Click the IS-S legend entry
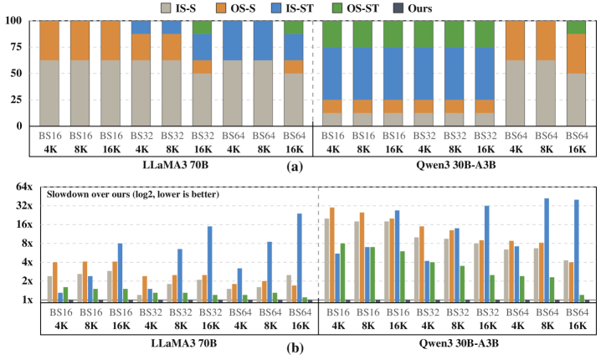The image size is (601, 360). point(179,8)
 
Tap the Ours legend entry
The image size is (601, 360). point(411,8)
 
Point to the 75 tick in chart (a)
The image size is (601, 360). point(17,47)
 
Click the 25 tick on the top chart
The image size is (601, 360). point(17,100)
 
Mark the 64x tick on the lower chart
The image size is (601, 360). point(24,187)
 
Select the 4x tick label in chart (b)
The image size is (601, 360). point(27,262)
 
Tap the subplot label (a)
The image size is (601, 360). point(295,167)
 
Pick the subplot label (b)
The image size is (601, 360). point(295,347)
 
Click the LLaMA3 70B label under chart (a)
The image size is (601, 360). point(176,165)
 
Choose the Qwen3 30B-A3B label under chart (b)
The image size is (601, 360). point(459,342)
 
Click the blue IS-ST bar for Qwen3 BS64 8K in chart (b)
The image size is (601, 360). point(547,249)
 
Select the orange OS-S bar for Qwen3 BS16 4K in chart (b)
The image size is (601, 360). point(332,254)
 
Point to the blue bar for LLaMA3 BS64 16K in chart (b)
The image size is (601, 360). point(300,257)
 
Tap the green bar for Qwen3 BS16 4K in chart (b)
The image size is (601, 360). point(342,272)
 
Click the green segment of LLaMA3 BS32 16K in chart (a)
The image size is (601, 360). point(203,28)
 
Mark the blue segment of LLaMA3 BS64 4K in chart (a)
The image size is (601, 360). point(233,41)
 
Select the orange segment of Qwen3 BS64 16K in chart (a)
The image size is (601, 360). point(577,54)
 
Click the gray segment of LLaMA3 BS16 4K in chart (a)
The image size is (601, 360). point(49,93)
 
